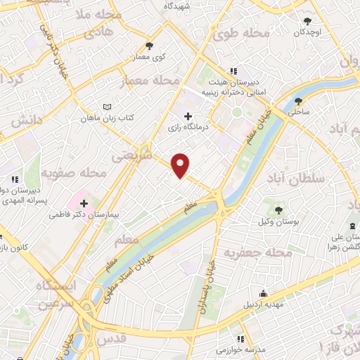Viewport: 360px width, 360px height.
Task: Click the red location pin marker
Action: (181, 165)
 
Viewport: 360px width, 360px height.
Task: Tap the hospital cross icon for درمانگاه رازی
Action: (188, 117)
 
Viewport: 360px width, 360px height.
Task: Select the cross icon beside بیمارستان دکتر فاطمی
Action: (84, 202)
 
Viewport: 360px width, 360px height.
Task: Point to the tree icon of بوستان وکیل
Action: (279, 210)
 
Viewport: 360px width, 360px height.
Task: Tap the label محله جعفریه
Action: (257, 252)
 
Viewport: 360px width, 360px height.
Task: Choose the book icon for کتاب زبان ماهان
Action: (107, 106)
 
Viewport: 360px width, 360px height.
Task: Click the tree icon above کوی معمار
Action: (148, 45)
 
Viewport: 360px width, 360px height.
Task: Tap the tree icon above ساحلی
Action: (299, 101)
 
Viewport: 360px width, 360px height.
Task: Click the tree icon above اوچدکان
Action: (307, 21)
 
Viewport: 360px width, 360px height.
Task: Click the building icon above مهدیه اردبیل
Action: (264, 294)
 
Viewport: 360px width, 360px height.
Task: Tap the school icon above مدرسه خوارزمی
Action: (241, 338)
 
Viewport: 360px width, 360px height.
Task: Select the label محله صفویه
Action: (74, 172)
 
